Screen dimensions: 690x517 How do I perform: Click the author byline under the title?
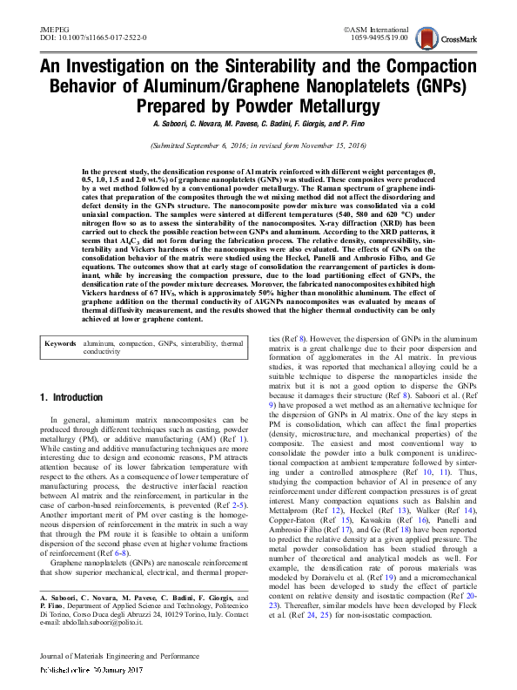coord(258,125)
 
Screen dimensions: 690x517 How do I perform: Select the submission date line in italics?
coord(258,147)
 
